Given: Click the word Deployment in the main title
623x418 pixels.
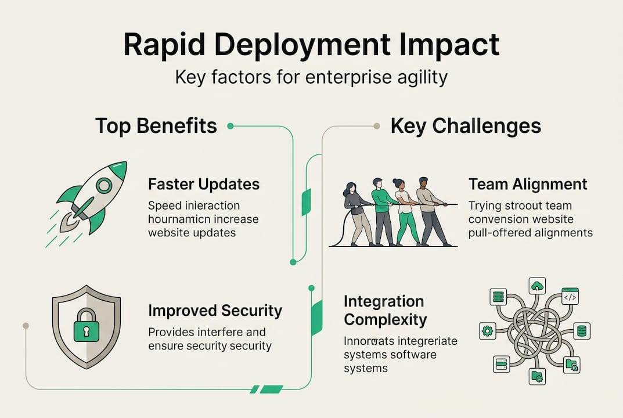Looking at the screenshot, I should click(x=310, y=45).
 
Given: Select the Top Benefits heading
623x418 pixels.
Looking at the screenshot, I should click(x=156, y=125).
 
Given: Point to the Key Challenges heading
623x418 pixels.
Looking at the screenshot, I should click(x=466, y=125).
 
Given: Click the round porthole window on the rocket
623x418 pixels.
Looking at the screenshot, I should click(x=104, y=186).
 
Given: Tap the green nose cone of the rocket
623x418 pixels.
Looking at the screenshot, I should click(x=119, y=170).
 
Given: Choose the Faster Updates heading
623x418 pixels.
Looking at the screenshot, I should click(x=204, y=185).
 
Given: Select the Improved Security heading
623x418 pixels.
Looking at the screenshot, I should click(x=215, y=311).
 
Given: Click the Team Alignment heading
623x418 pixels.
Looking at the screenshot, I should click(x=528, y=185).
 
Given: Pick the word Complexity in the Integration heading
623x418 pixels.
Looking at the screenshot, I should click(x=385, y=319).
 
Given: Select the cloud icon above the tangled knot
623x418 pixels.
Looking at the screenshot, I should click(x=537, y=286).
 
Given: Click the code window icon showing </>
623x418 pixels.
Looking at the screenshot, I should click(x=570, y=297).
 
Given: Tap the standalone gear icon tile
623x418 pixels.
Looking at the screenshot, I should click(x=487, y=331).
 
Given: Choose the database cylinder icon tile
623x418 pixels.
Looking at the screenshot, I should click(x=581, y=331).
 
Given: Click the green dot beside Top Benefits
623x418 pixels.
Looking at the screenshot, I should click(x=231, y=125).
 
